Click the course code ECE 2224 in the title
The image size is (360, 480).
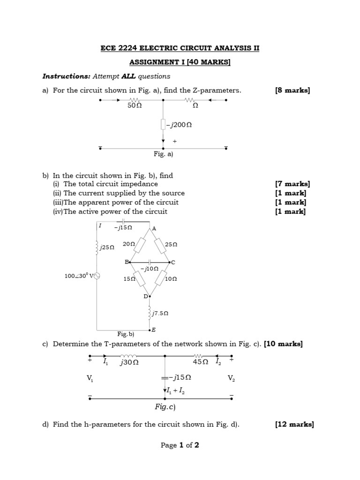click(117, 48)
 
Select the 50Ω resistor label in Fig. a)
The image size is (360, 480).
click(135, 106)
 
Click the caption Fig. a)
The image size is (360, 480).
click(164, 153)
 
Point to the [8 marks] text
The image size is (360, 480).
click(292, 90)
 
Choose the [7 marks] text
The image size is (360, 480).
click(292, 184)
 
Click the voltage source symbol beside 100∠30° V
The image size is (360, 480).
click(97, 276)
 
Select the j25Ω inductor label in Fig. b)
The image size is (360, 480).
click(107, 247)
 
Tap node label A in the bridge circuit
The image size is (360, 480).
click(154, 229)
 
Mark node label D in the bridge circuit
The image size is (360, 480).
click(145, 296)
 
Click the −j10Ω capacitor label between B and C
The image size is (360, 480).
click(150, 269)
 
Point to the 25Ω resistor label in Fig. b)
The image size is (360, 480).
click(171, 244)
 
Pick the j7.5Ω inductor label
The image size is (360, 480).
click(160, 313)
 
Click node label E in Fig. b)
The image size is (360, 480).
click(154, 330)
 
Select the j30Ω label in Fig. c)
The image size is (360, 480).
click(129, 362)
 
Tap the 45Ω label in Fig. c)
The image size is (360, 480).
click(201, 361)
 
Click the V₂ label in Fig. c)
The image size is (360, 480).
click(231, 378)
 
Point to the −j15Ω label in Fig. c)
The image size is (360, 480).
click(181, 377)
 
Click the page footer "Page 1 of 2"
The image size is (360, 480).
click(180, 445)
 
